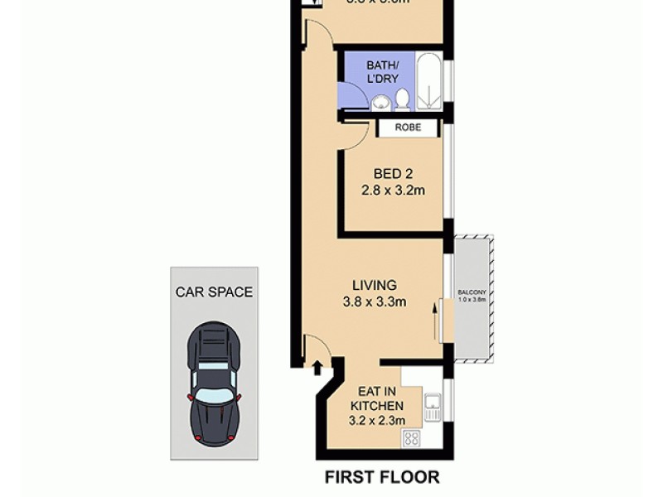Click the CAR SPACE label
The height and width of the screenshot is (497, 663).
point(214,292)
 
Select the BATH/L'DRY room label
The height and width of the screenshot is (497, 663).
point(383,72)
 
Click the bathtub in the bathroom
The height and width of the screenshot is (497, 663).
point(428,83)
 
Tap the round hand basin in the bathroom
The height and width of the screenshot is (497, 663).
point(380,103)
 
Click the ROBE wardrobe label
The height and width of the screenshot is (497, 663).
point(407,128)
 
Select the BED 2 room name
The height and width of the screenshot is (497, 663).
point(392,175)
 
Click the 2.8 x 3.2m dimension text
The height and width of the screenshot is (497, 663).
point(392,190)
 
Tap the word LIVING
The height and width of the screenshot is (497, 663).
point(374,286)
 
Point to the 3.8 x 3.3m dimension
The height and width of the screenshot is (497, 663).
point(374,302)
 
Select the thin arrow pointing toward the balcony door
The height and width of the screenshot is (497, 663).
point(433,319)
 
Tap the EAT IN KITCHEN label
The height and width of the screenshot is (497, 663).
point(380,398)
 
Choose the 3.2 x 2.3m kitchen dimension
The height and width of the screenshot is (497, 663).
point(380,420)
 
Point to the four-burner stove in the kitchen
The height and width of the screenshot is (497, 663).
point(412,438)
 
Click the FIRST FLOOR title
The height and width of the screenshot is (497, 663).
point(381,476)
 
